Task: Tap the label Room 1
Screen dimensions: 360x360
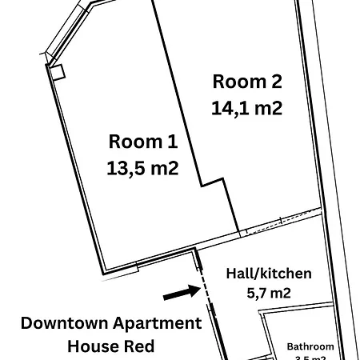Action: (x=142, y=142)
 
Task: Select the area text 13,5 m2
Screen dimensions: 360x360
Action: (x=142, y=168)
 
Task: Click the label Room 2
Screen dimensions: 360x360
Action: (x=247, y=81)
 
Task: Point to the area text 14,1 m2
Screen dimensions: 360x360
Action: (x=247, y=107)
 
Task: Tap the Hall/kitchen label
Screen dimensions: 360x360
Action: (x=269, y=274)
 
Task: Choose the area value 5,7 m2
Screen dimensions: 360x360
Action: (x=269, y=294)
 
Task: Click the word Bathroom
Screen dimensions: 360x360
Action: (x=310, y=346)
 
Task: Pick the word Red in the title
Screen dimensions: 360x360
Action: (x=142, y=346)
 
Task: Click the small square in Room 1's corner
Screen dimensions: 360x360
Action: (x=56, y=71)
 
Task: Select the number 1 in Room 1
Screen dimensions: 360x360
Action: (x=172, y=142)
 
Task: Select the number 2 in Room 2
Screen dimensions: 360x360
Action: (x=277, y=81)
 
